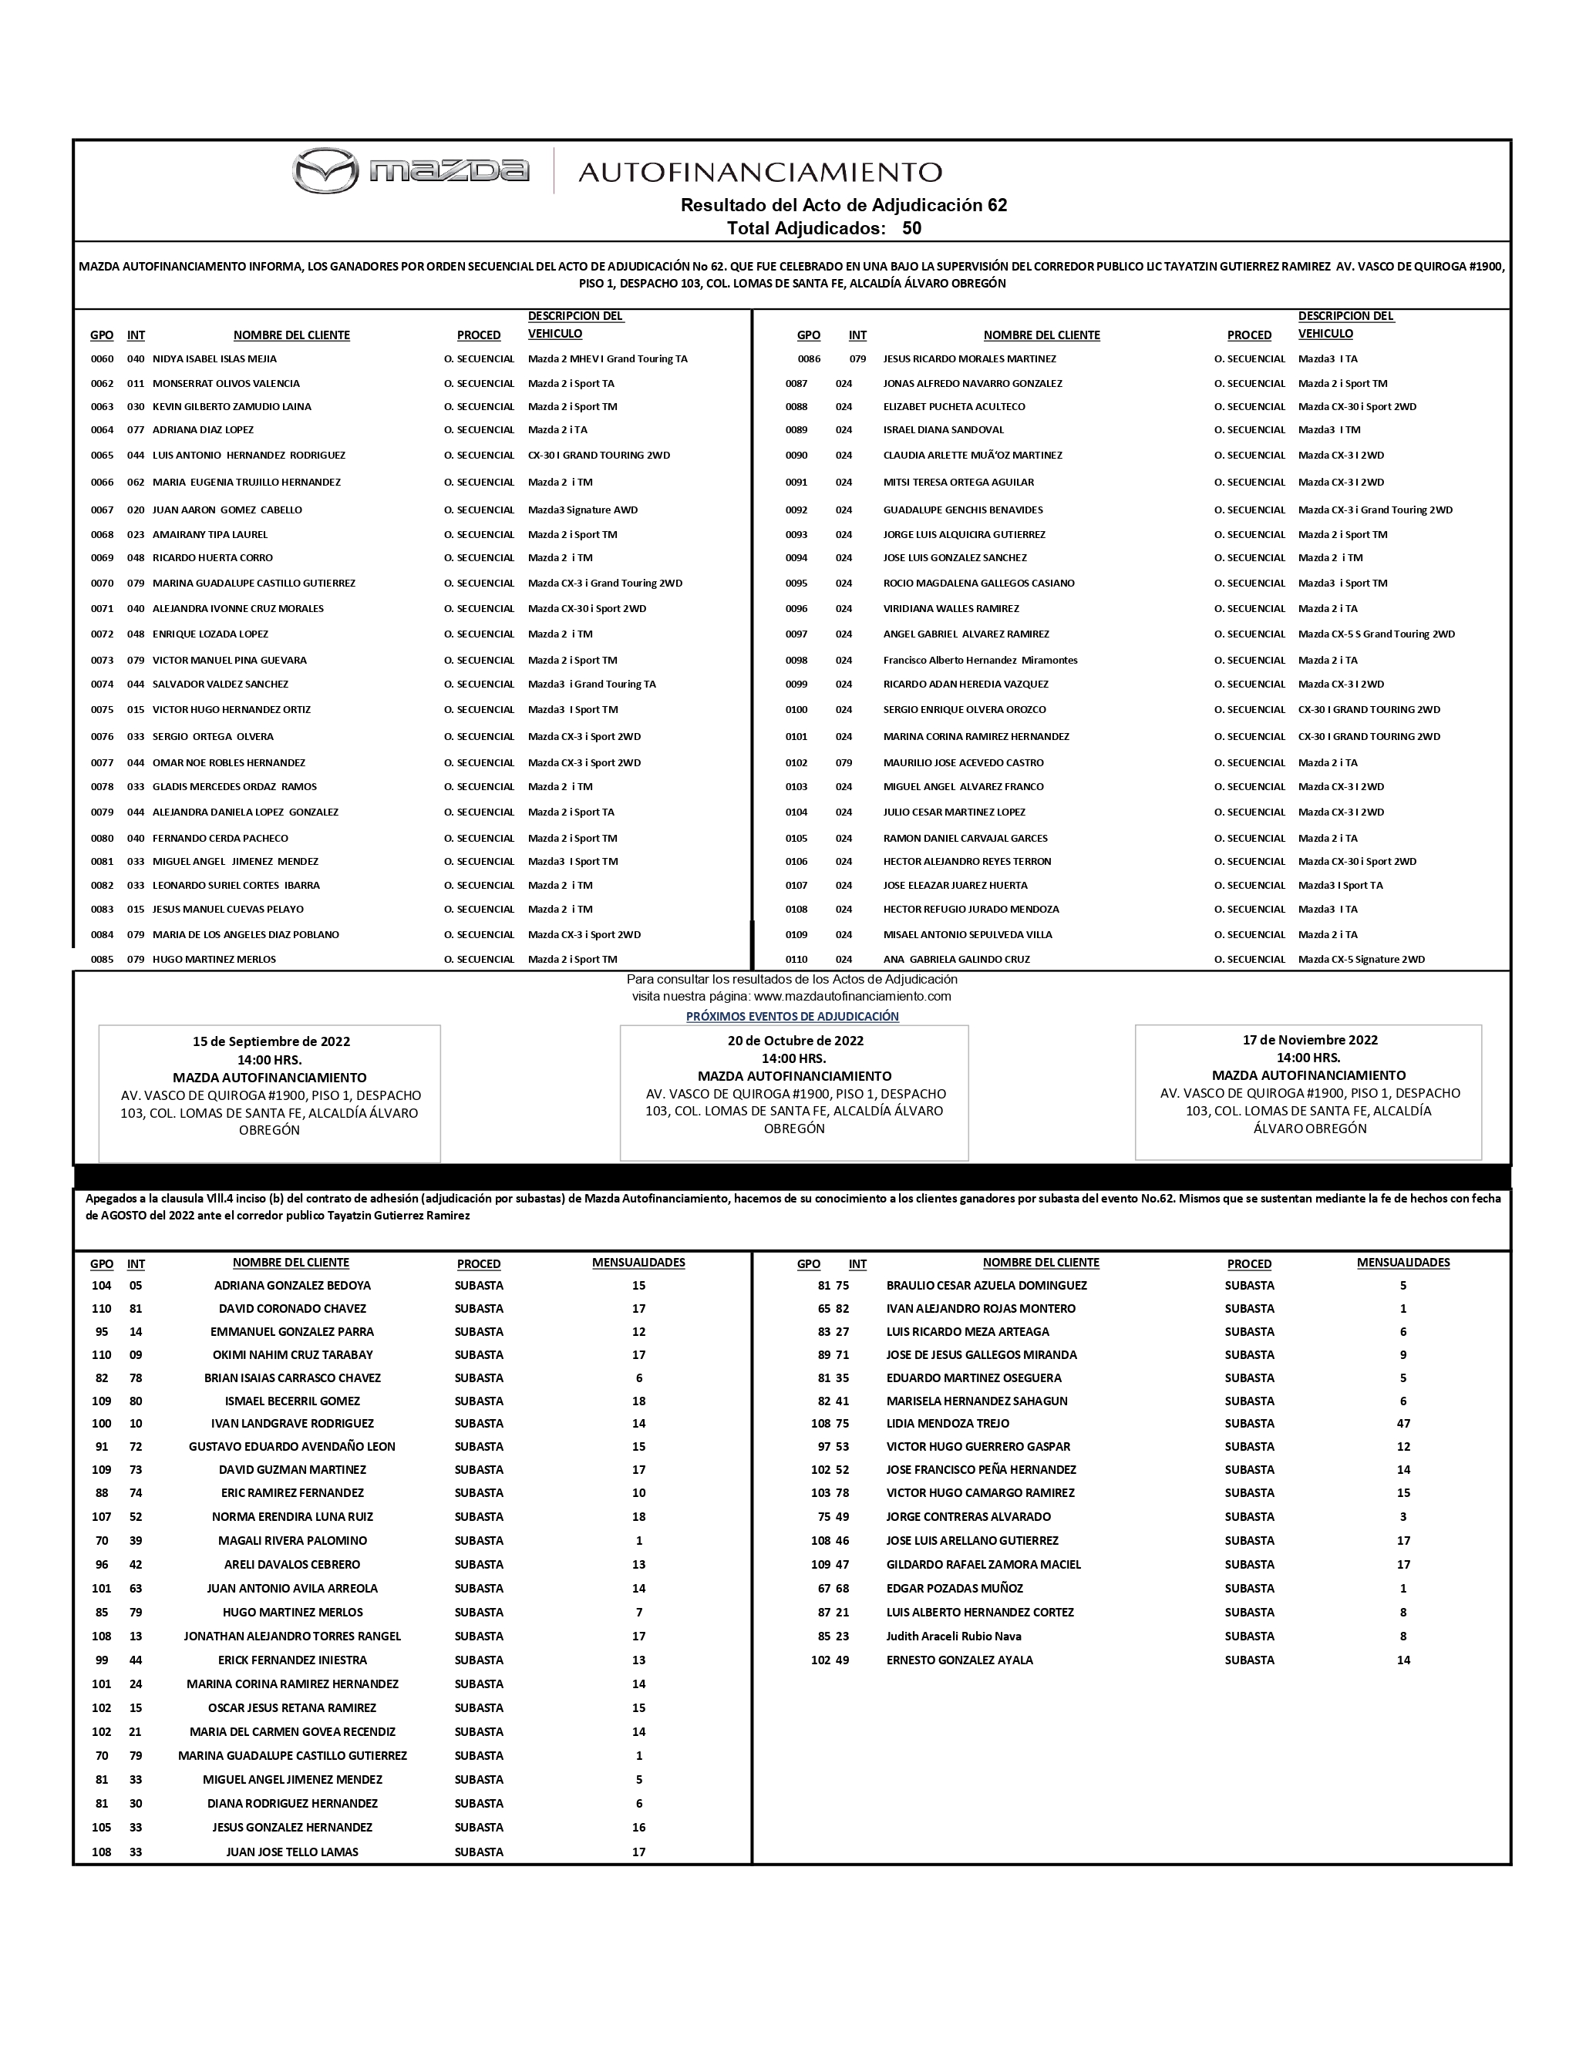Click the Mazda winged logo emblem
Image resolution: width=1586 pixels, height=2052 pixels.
325,171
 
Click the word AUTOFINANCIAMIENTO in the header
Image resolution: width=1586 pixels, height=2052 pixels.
759,172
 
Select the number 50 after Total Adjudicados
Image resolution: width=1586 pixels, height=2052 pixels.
911,228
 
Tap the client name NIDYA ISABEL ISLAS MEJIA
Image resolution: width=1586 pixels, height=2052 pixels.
214,359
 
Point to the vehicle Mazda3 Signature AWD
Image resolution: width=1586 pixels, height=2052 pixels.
583,510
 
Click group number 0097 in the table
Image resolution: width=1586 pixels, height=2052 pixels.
796,634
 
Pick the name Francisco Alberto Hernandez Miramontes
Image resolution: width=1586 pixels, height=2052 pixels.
980,661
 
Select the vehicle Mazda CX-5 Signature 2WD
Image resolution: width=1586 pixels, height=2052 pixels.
1362,959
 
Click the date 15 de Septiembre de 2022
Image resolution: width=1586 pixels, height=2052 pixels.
271,1041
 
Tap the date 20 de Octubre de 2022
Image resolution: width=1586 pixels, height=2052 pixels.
795,1040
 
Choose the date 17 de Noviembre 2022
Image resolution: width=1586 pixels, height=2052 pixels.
1310,1039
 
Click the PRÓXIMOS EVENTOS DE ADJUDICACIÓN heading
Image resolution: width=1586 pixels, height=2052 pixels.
792,1017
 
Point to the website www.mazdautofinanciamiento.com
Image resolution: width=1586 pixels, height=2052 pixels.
852,996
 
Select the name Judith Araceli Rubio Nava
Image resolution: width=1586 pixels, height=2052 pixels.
954,1636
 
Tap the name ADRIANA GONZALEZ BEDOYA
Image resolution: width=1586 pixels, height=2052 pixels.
292,1285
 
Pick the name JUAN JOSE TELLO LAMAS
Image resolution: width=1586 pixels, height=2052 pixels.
292,1852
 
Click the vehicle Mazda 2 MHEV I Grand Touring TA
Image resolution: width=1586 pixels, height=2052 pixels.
608,359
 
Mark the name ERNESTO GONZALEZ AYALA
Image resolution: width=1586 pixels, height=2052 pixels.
959,1660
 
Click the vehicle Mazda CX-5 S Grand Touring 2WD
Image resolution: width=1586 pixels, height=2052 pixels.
1376,634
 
